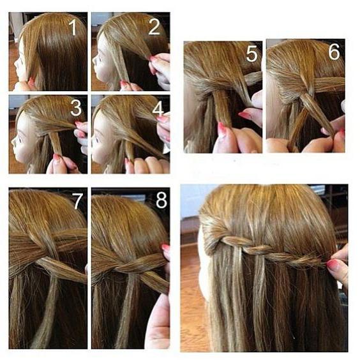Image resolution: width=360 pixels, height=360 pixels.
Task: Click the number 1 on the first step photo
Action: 73,27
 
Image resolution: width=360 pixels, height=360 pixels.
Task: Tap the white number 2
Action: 154,27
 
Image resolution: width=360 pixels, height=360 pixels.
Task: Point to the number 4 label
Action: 158,109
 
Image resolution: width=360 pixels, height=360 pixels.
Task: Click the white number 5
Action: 252,54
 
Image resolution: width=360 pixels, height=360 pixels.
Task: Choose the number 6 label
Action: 334,52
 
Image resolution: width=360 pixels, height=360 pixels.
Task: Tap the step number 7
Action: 77,201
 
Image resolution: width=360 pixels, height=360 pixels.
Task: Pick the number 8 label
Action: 161,200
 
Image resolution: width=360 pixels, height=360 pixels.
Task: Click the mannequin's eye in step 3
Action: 20,139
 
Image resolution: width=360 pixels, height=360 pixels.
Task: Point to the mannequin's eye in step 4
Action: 101,139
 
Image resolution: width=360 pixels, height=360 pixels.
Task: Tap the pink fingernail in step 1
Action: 31,81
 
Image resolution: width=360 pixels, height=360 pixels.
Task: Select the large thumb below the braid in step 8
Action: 158,322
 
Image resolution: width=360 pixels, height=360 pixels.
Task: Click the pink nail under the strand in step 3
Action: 56,158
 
